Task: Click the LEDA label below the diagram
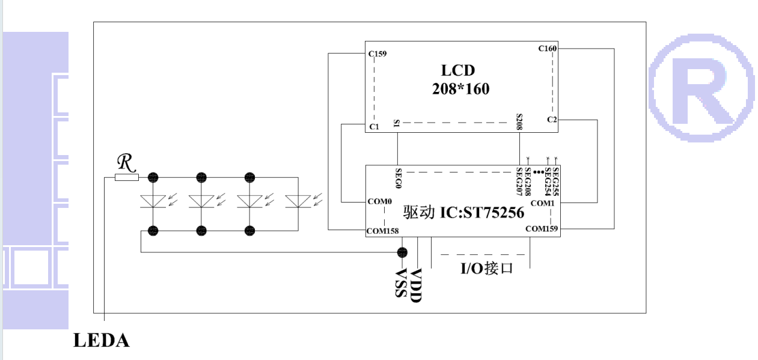[x=101, y=341]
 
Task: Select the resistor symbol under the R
[x=126, y=177]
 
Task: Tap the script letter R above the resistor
[x=125, y=161]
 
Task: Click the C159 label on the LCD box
[x=377, y=54]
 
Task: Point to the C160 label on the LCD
[x=547, y=48]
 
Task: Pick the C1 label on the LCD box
[x=374, y=127]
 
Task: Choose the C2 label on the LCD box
[x=552, y=120]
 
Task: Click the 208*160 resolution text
[x=460, y=90]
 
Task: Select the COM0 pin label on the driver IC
[x=380, y=201]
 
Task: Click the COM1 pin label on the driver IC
[x=542, y=204]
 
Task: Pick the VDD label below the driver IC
[x=416, y=285]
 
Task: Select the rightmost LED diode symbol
[x=299, y=201]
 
